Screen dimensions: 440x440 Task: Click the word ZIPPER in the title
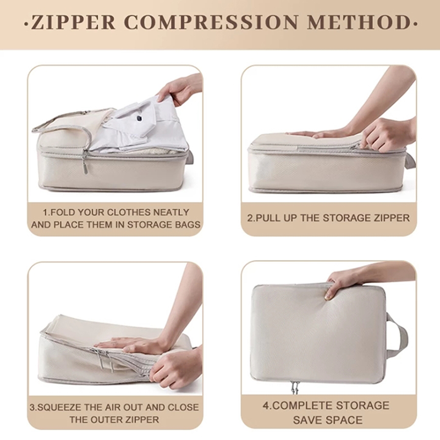coord(73,22)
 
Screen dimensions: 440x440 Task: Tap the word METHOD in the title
coord(359,22)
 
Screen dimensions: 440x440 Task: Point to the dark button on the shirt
coord(139,119)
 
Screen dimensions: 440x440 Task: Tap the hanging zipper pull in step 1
coord(84,163)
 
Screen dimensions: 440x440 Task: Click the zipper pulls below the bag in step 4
coord(295,387)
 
